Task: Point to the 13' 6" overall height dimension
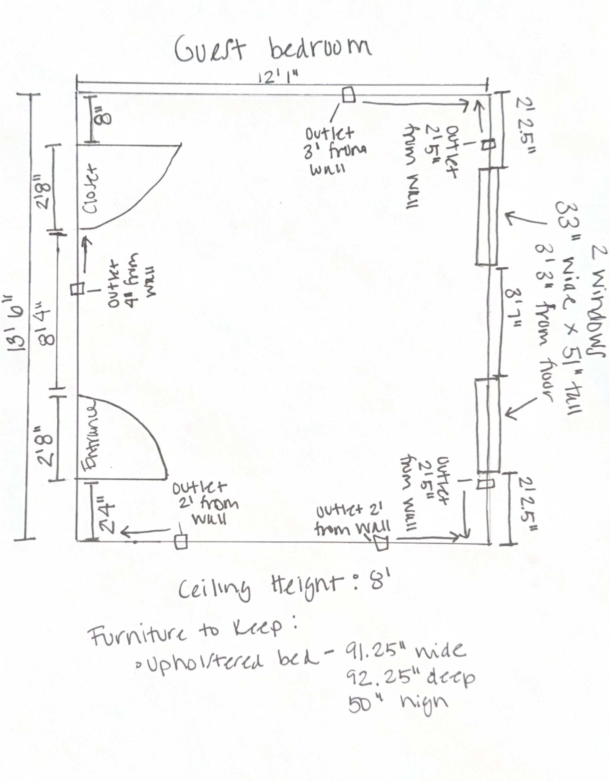(x=16, y=319)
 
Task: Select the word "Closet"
(x=89, y=189)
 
